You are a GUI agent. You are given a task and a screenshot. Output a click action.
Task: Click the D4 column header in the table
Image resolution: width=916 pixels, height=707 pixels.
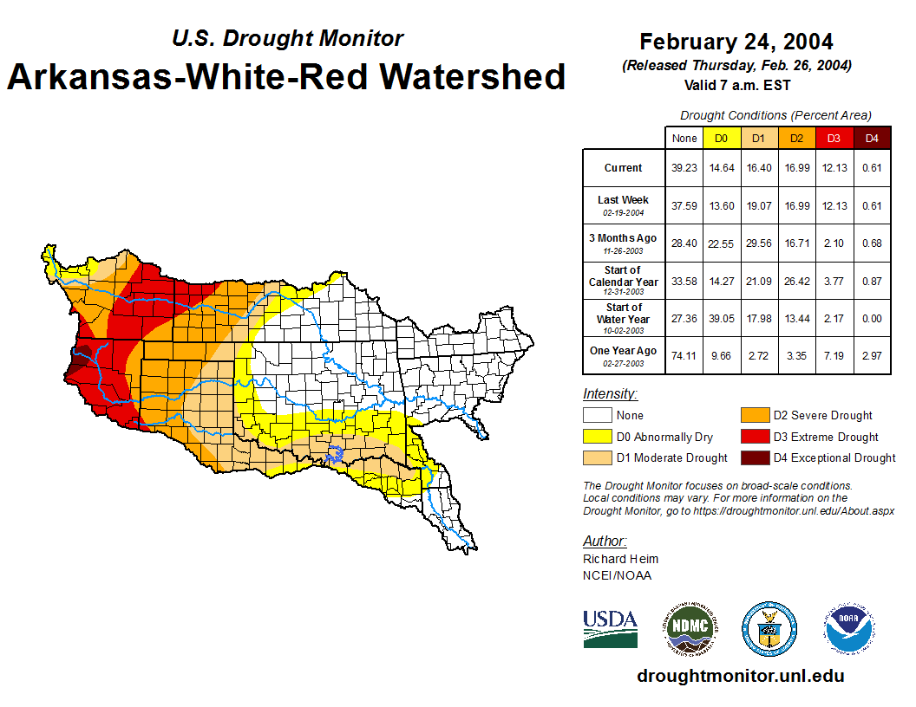872,138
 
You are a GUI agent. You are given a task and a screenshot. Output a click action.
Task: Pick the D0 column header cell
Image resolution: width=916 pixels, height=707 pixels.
722,138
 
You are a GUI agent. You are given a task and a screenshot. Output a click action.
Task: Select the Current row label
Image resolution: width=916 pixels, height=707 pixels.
624,168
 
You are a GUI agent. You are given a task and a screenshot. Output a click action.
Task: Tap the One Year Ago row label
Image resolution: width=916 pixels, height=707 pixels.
624,351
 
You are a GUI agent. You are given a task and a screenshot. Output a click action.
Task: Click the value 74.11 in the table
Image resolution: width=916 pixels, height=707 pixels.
684,355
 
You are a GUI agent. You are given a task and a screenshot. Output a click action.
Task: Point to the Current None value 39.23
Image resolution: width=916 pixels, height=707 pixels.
684,168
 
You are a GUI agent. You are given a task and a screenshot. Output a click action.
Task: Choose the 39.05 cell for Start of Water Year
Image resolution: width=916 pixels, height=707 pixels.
722,318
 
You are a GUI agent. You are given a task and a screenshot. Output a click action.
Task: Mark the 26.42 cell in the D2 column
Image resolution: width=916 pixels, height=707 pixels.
796,281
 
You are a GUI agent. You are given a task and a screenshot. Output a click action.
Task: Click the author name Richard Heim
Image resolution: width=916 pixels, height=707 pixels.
620,559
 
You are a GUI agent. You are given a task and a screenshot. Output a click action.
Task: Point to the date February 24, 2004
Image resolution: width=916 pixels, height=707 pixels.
736,42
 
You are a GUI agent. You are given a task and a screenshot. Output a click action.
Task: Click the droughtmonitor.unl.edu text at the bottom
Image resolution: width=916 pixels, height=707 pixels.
740,676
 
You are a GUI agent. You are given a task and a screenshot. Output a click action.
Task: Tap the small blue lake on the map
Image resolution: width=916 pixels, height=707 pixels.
336,452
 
